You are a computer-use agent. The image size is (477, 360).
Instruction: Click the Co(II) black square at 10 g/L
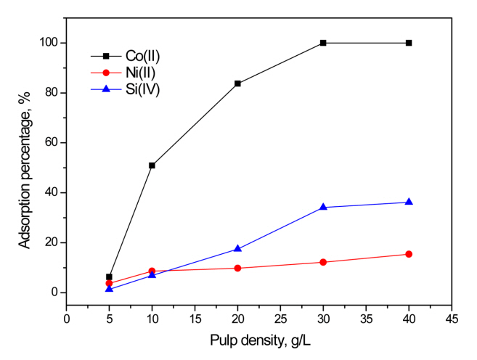(152, 165)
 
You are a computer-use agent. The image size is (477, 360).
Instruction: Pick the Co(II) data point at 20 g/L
(237, 83)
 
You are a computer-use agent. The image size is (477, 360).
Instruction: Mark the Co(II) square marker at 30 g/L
(323, 43)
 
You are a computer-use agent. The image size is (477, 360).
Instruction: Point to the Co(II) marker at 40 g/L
(409, 43)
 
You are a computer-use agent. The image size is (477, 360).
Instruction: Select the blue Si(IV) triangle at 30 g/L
(323, 207)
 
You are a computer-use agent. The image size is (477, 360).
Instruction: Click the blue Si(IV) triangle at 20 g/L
(237, 248)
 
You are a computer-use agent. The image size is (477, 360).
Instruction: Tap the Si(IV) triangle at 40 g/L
(409, 202)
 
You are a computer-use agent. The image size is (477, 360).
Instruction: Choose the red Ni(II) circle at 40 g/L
(409, 254)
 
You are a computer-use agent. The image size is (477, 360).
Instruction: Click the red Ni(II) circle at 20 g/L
(237, 268)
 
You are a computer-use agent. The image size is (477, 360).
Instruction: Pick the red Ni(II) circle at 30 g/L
(323, 262)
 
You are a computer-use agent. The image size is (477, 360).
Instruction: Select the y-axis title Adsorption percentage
(25, 167)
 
